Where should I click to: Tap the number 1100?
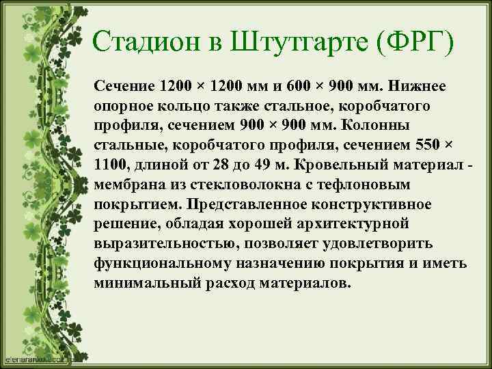(x=111, y=166)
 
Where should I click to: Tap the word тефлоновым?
(x=366, y=186)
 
